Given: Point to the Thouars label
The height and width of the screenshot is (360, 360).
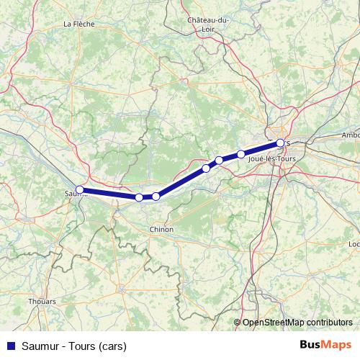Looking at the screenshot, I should coord(41,301).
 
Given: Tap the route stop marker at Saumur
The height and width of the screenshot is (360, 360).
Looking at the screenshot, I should coord(80,190).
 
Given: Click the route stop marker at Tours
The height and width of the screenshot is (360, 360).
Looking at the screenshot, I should coord(280,143).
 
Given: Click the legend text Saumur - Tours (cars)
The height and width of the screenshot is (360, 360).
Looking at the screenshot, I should coord(69,346).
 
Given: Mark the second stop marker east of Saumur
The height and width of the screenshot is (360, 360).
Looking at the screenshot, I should coord(156,197).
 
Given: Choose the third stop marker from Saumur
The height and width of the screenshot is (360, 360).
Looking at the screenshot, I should coord(206,168).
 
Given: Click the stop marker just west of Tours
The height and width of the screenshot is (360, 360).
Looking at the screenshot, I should coord(241,153).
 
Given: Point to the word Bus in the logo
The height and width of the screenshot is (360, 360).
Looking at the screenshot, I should coord(311,345).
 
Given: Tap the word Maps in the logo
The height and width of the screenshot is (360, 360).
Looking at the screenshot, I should coord(337,345).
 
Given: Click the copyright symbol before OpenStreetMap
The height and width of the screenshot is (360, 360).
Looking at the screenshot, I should coord(238,322).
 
